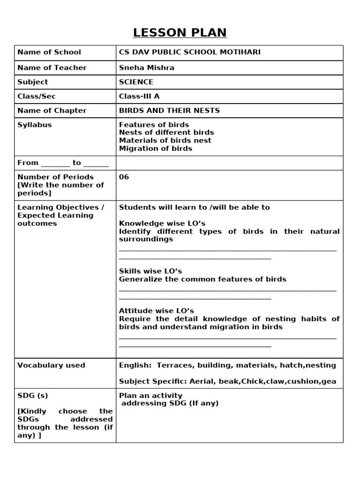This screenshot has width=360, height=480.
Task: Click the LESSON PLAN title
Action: pyautogui.click(x=180, y=32)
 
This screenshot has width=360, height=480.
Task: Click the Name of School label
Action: pyautogui.click(x=49, y=52)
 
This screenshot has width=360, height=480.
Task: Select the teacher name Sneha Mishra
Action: pyautogui.click(x=146, y=67)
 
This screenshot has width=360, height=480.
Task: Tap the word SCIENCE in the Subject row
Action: pyautogui.click(x=136, y=82)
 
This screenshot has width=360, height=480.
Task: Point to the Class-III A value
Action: pyautogui.click(x=139, y=96)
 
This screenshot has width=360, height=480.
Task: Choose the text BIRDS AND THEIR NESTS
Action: pyautogui.click(x=169, y=111)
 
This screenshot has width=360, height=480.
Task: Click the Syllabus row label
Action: pyautogui.click(x=34, y=125)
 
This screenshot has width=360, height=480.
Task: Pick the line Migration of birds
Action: pyautogui.click(x=155, y=149)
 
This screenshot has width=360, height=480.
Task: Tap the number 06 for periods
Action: pyautogui.click(x=124, y=177)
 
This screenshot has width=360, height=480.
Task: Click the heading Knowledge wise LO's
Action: pyautogui.click(x=162, y=223)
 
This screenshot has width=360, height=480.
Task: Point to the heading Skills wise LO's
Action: pyautogui.click(x=150, y=271)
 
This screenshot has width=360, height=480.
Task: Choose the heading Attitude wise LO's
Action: pyautogui.click(x=156, y=311)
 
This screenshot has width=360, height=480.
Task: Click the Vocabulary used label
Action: pyautogui.click(x=51, y=365)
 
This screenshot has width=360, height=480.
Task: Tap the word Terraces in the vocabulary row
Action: pyautogui.click(x=174, y=365)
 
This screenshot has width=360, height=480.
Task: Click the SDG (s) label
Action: pyautogui.click(x=32, y=396)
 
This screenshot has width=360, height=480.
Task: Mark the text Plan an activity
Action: pyautogui.click(x=150, y=396)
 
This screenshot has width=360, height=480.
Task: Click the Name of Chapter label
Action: pyautogui.click(x=52, y=111)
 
